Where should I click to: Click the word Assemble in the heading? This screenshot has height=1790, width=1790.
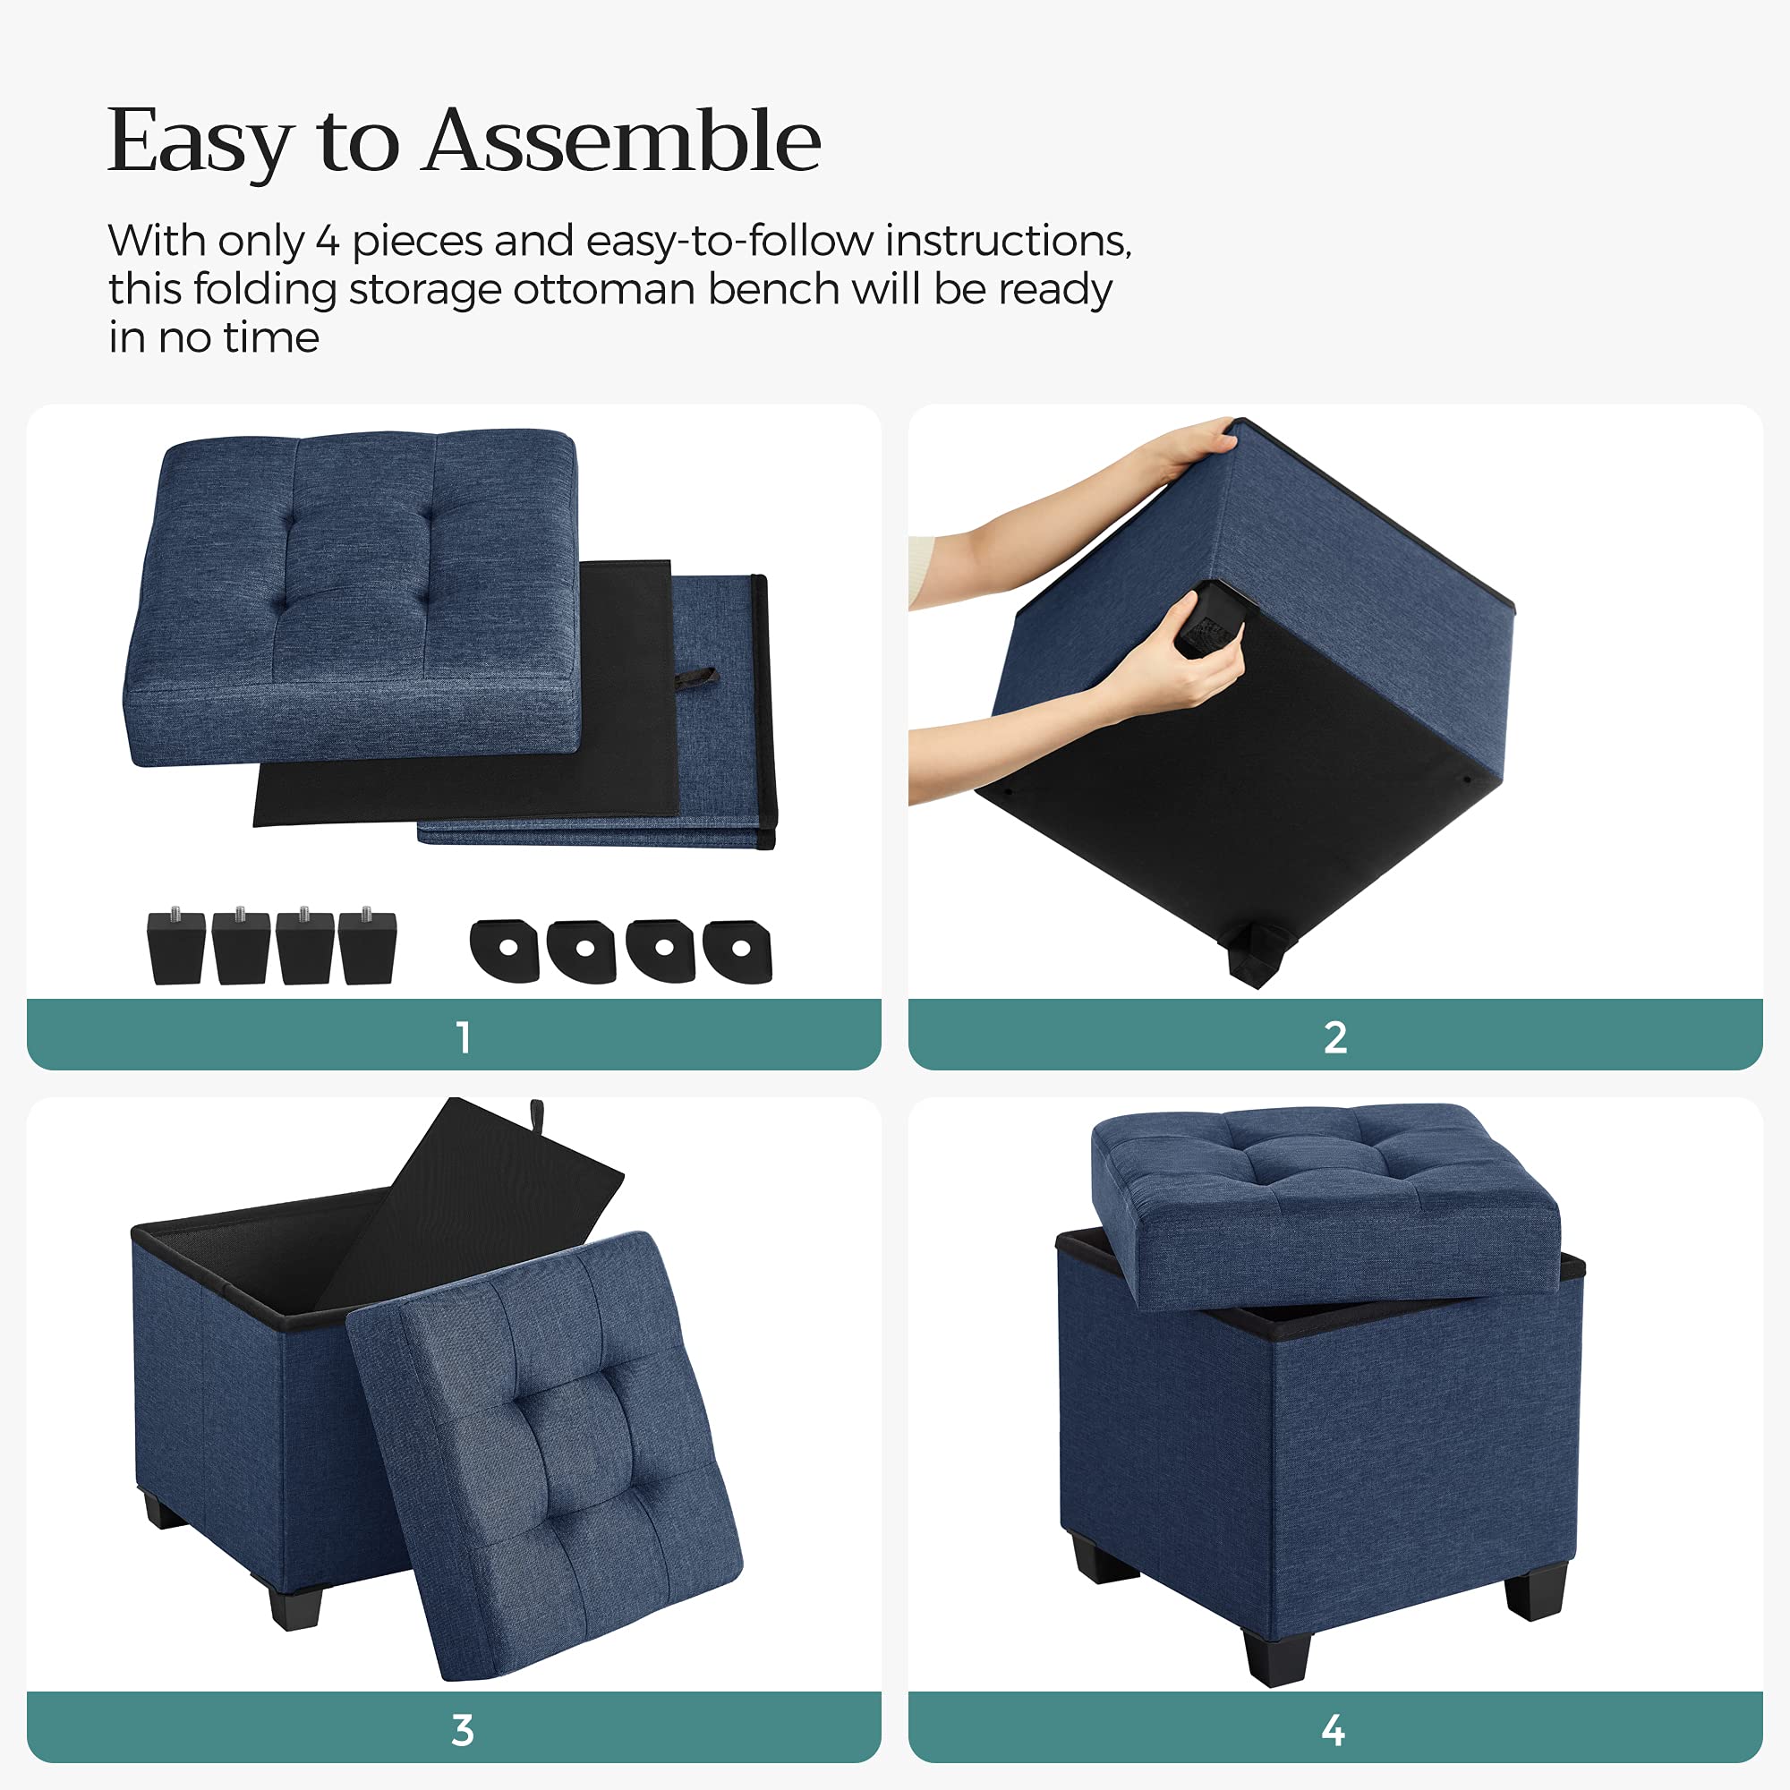pos(622,141)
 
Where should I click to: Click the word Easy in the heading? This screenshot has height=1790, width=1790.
pos(200,142)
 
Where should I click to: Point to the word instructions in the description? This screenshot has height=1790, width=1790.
pos(1008,241)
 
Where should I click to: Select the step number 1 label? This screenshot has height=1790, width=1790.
pos(464,1036)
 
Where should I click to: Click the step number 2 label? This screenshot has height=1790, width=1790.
pos(1335,1036)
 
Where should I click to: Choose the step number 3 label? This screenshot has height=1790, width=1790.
pos(463,1730)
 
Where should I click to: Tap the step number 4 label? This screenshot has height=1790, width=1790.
pos(1334,1730)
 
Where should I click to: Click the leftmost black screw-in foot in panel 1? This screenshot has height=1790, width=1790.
pos(176,946)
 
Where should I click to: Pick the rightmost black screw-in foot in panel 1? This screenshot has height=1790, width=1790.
pos(368,946)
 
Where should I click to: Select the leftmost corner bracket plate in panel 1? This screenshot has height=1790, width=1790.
pos(505,950)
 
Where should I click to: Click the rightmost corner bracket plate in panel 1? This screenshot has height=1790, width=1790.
pos(737,950)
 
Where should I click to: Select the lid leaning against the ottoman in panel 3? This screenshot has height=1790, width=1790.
pos(547,1454)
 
